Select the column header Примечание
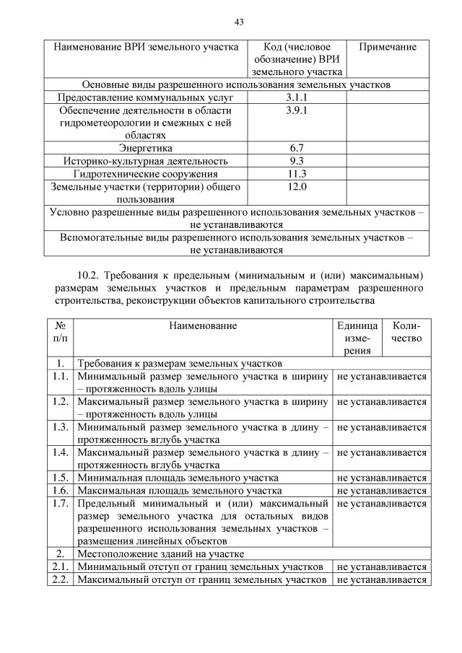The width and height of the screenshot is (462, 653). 388,47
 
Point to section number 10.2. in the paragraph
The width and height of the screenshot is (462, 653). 90,274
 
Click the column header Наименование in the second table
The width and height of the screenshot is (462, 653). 203,326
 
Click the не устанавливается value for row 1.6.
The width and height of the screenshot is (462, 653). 382,491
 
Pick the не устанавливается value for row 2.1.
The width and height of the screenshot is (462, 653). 382,567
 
